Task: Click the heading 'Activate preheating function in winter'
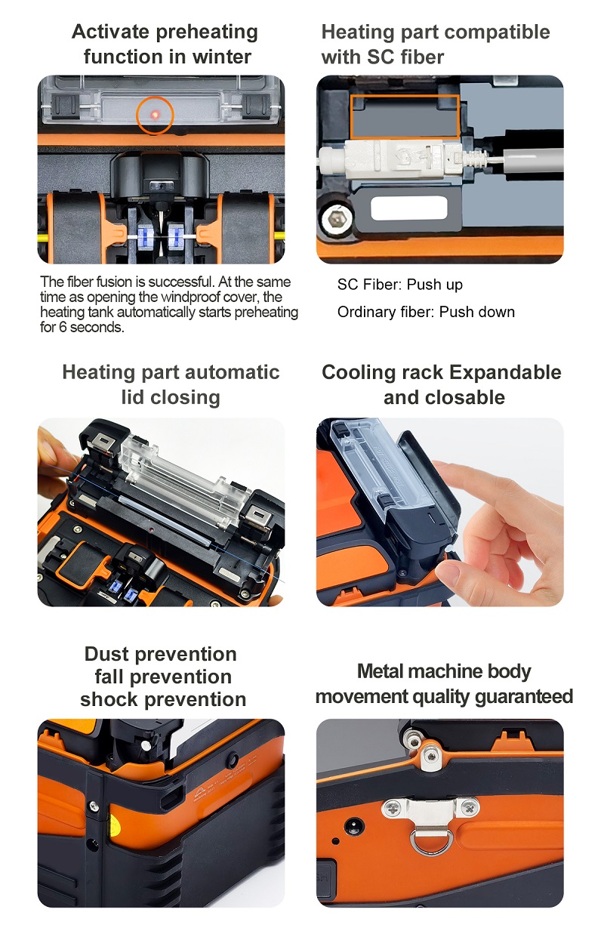point(165,45)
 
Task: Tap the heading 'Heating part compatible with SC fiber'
point(436,45)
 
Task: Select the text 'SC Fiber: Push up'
point(399,285)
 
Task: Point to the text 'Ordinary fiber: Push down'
point(426,312)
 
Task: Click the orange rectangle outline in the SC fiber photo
point(405,96)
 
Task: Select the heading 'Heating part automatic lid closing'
point(171,384)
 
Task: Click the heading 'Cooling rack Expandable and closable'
point(442,384)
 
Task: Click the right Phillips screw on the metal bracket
point(471,808)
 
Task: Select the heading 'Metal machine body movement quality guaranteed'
point(444,683)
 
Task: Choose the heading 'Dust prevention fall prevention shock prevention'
point(163,677)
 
